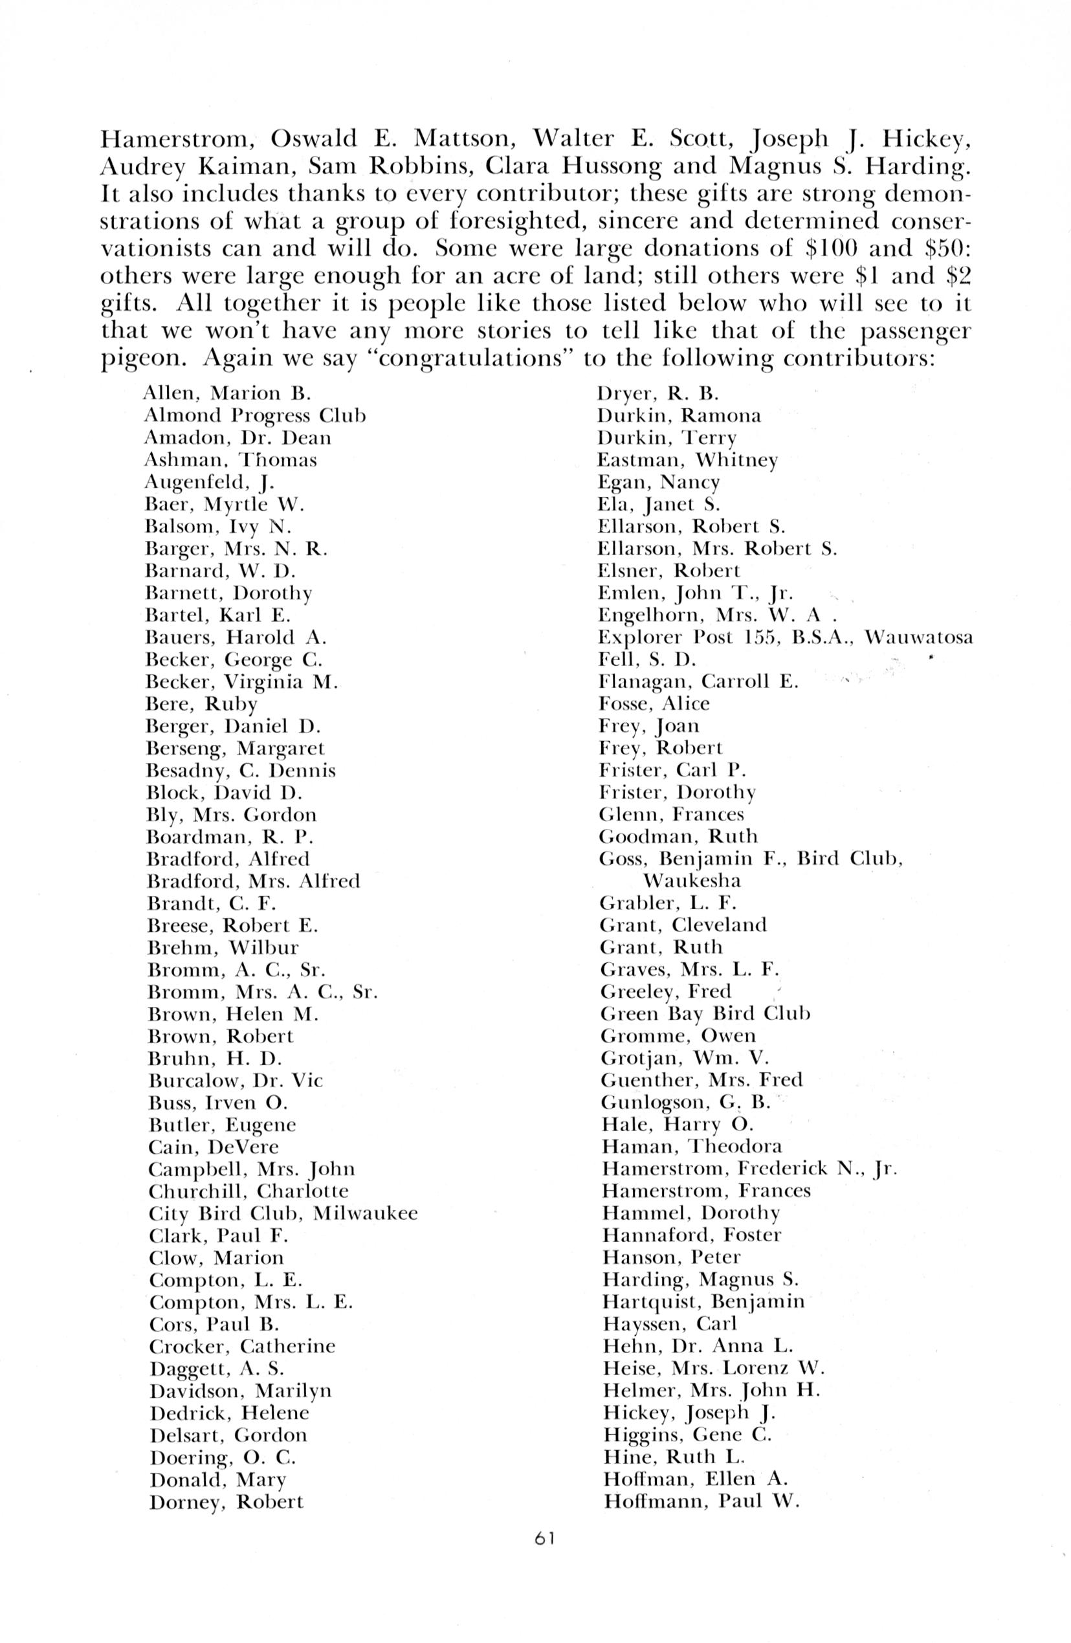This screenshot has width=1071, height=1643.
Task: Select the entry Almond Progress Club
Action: click(x=255, y=416)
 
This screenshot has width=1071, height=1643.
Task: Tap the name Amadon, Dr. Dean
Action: click(x=237, y=437)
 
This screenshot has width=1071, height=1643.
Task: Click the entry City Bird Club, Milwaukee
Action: click(x=283, y=1213)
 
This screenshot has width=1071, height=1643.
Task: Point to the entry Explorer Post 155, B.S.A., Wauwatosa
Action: click(x=786, y=637)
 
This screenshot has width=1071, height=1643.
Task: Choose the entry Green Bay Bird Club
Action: click(x=704, y=1014)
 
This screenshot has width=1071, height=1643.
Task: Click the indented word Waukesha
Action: click(x=692, y=881)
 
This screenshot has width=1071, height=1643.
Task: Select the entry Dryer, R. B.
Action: click(x=658, y=394)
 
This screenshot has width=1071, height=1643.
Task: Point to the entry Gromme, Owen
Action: click(x=678, y=1035)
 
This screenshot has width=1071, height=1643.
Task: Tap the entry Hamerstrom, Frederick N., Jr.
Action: click(x=749, y=1169)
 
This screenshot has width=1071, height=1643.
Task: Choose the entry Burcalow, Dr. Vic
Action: click(x=236, y=1081)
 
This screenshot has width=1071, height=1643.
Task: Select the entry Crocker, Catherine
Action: click(x=241, y=1346)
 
